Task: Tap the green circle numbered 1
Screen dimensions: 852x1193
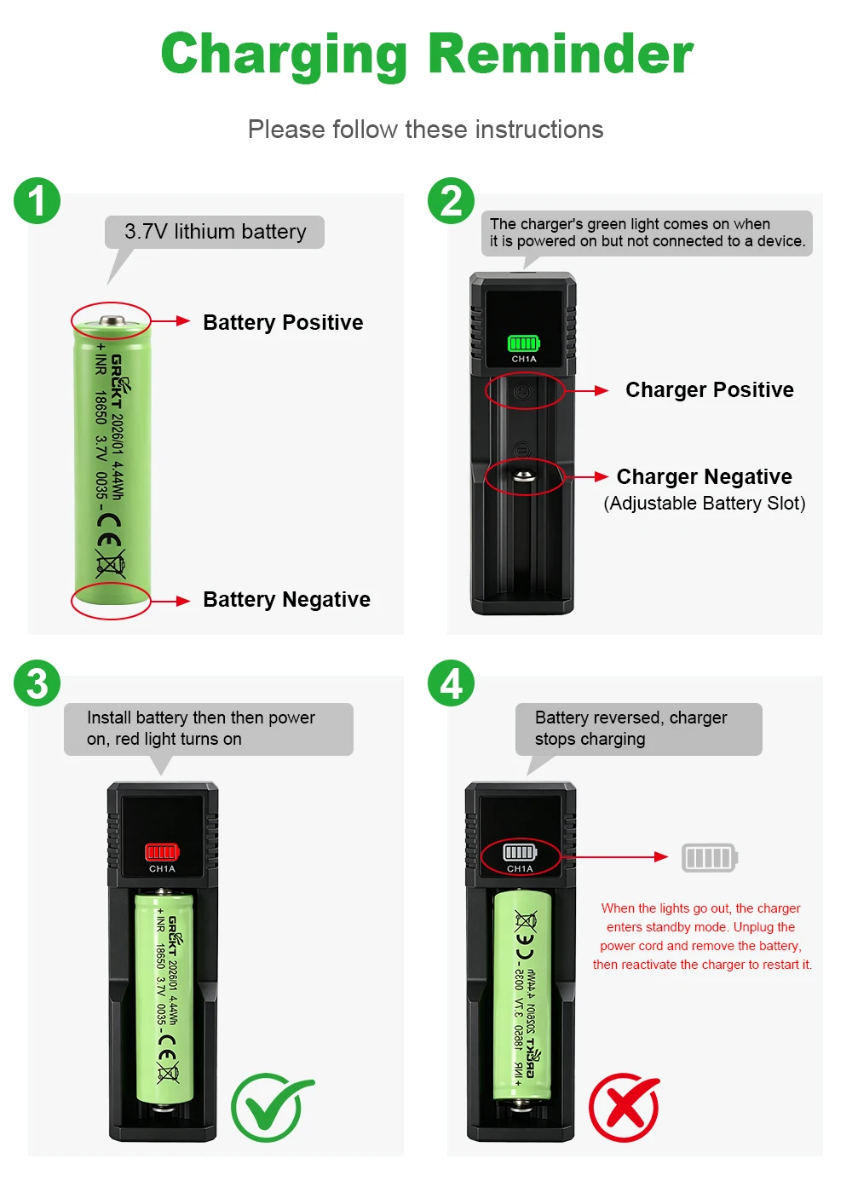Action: coord(37,201)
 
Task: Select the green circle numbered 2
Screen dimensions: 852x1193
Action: coord(451,201)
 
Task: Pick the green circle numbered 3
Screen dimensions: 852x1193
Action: coord(37,683)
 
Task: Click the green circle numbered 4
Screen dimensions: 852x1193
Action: coord(451,683)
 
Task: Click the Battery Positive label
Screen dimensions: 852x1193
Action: coord(283,322)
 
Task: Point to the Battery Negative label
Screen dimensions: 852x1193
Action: coord(286,599)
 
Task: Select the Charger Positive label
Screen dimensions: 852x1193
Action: coord(709,390)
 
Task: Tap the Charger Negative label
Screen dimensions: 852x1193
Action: coord(704,476)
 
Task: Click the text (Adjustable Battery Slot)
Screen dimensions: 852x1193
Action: coord(704,504)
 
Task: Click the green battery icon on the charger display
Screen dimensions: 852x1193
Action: coord(523,343)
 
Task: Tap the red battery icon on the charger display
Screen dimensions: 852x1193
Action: coord(162,852)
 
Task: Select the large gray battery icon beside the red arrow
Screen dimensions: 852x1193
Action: coord(709,857)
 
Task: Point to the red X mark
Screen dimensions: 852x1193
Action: coord(624,1107)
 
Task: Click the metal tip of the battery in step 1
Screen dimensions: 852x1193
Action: coord(112,320)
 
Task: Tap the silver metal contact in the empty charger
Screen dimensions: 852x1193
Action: coord(523,475)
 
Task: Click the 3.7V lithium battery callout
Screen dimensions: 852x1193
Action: coord(215,232)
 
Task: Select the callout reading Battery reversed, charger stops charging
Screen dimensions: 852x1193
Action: coord(638,729)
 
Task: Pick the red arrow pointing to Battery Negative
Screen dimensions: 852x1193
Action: coord(170,601)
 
